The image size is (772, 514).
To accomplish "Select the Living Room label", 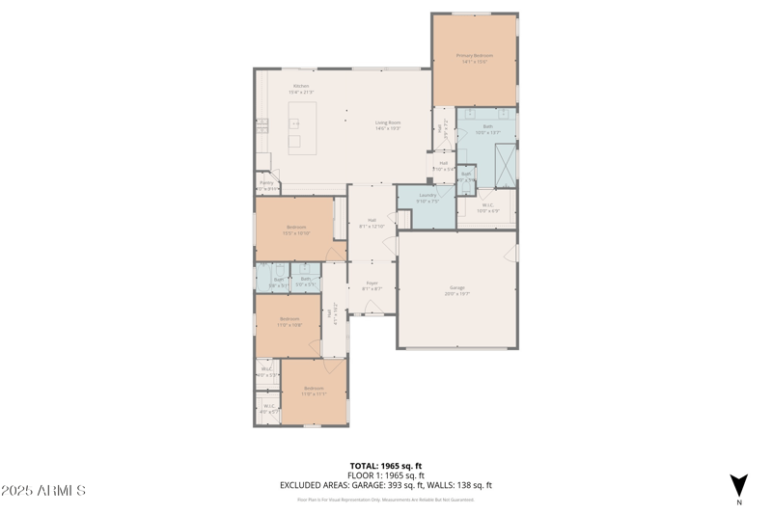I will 388,124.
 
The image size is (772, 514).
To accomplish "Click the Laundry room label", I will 427,198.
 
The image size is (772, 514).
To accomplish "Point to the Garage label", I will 456,290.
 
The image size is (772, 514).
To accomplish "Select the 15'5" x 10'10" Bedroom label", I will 295,230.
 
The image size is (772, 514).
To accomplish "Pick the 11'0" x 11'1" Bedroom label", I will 313,391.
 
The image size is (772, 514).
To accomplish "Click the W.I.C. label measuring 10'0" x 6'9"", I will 486,206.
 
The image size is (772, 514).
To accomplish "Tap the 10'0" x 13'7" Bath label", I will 487,129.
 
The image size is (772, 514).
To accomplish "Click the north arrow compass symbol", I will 738,485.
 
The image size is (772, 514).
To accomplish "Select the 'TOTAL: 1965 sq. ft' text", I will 386,465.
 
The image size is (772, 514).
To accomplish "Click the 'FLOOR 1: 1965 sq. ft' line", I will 386,475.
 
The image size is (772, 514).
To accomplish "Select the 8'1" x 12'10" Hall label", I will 372,225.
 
